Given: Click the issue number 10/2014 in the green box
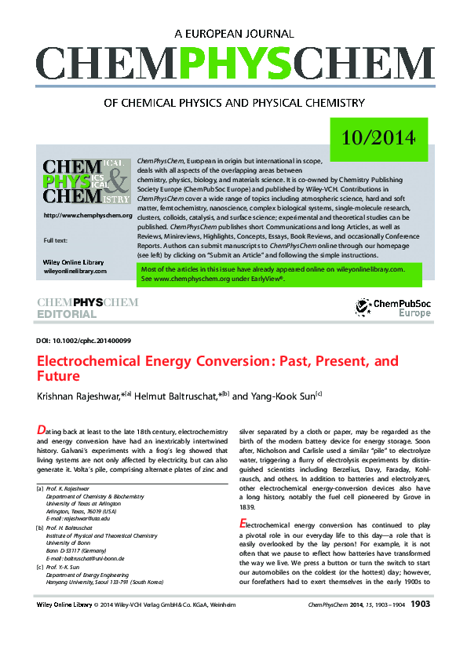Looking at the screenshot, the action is pos(378,139).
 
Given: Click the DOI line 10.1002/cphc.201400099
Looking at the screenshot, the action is pos(83,341).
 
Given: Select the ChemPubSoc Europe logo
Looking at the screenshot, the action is pos(392,308).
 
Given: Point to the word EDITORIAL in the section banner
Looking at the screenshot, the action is pos(67,315).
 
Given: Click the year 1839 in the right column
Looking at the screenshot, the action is pos(248,508).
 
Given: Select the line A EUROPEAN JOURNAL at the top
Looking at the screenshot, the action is pos(233,34).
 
